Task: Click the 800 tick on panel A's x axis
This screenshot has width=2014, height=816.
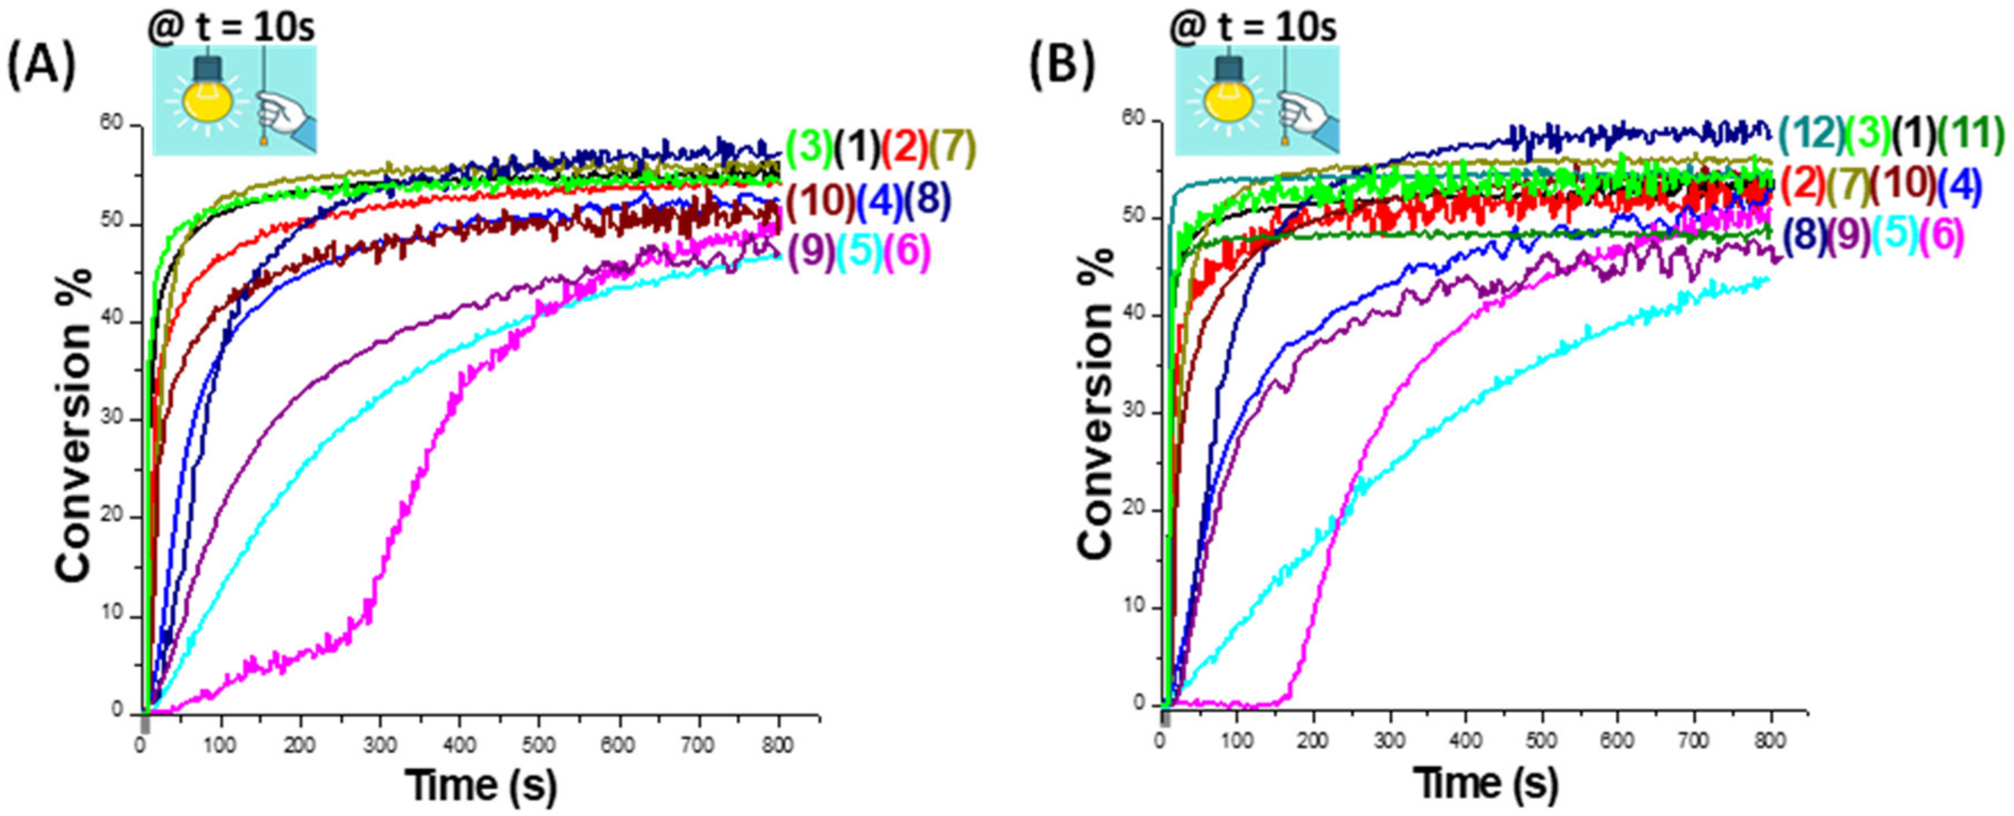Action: tap(778, 745)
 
